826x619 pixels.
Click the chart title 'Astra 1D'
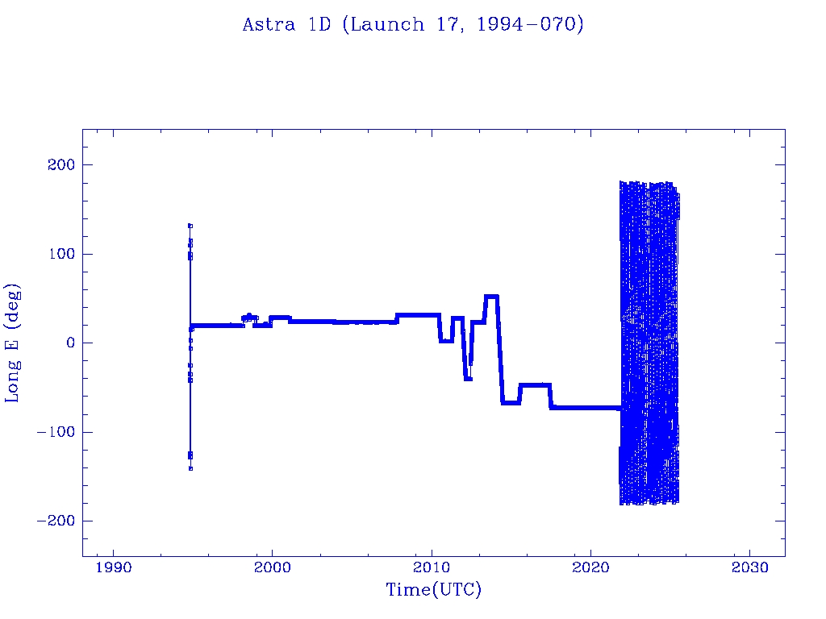point(286,25)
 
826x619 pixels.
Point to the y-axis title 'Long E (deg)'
point(12,343)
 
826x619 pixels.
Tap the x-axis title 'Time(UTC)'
point(433,589)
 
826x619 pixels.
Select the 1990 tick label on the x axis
point(113,567)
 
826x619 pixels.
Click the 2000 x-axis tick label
point(273,567)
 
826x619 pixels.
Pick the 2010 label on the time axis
point(432,567)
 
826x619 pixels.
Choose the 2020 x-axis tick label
point(590,567)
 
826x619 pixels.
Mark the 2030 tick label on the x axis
point(749,567)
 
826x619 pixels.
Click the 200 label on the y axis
point(61,164)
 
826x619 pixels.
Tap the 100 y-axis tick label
point(61,254)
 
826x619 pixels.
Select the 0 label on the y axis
point(71,343)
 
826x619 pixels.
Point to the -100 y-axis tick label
point(56,432)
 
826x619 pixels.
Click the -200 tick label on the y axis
point(56,521)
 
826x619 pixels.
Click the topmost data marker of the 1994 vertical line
point(190,226)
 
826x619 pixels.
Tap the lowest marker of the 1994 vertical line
point(190,468)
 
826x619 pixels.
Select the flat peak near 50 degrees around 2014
point(491,297)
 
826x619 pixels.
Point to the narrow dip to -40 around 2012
point(469,379)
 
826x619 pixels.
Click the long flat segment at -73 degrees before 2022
point(586,407)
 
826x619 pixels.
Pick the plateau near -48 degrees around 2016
point(536,384)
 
